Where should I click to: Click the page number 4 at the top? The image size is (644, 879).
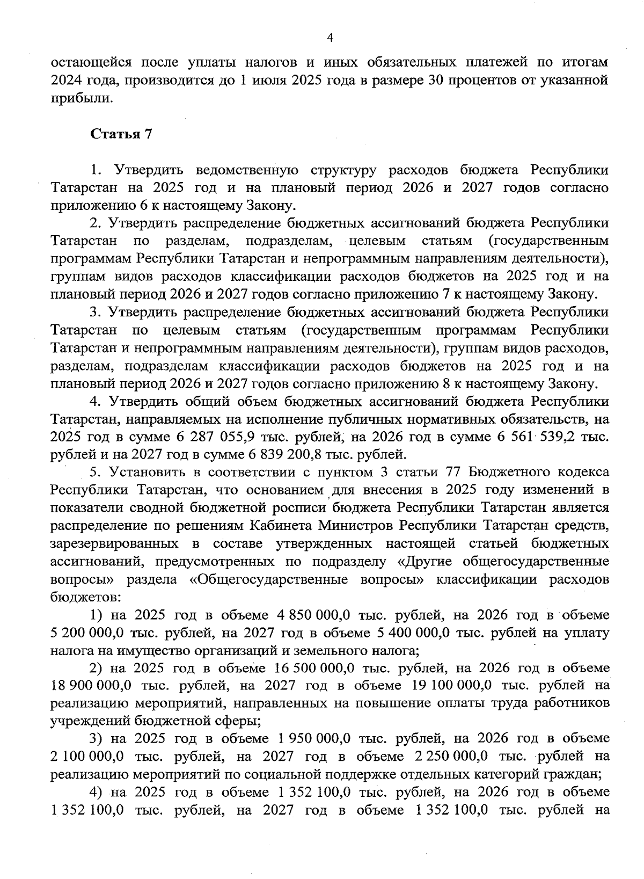[x=330, y=37]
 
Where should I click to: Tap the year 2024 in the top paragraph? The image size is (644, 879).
[x=65, y=81]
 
